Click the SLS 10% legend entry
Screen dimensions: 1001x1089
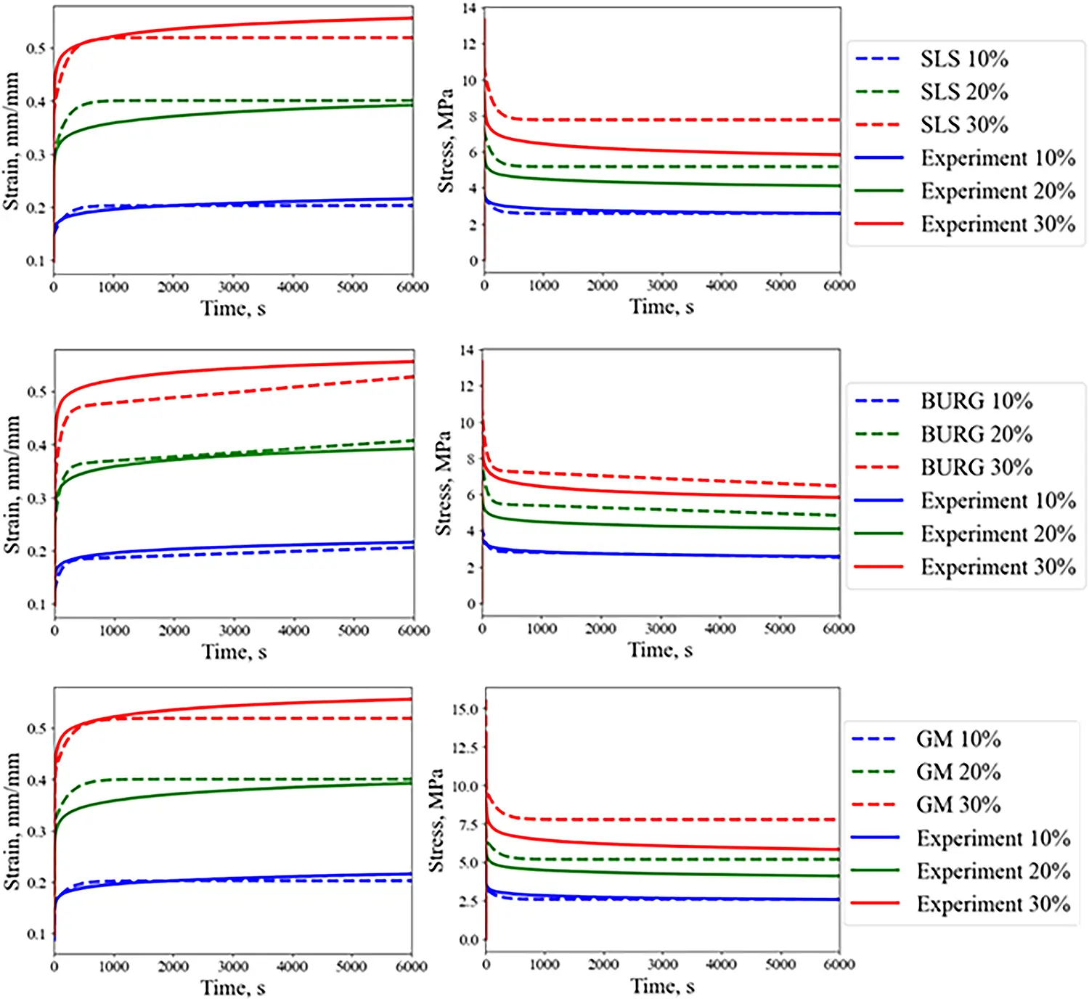click(963, 59)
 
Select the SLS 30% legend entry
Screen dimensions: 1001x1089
click(963, 125)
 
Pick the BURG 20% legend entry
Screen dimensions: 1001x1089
click(976, 434)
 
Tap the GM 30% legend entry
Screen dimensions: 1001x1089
click(958, 804)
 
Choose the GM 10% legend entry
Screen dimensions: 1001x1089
click(958, 739)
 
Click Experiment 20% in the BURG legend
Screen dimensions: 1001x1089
click(998, 534)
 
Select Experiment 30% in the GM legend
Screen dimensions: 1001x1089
click(992, 904)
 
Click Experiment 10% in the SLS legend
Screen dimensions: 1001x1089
click(998, 158)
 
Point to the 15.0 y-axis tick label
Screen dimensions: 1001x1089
click(465, 709)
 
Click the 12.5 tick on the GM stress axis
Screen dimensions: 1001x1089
click(465, 748)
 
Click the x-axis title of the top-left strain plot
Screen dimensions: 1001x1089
click(233, 309)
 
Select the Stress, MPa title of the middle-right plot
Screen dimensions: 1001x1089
click(443, 483)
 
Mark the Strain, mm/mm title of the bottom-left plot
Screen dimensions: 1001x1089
click(12, 821)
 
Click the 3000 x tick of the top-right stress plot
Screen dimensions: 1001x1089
click(661, 285)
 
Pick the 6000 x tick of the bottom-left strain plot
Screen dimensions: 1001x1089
click(411, 966)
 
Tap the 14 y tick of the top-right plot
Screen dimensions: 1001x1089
click(469, 9)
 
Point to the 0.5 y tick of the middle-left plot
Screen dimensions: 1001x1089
click(36, 392)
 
